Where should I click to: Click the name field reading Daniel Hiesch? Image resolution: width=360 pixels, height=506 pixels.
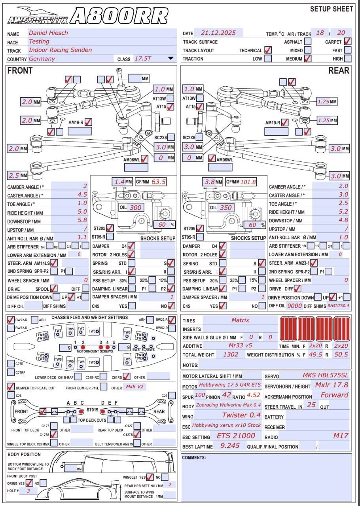point(48,33)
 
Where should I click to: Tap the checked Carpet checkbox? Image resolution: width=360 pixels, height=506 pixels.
point(347,41)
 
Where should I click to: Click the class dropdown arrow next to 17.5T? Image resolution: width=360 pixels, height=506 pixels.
point(171,59)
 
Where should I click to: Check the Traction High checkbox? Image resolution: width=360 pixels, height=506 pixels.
point(347,59)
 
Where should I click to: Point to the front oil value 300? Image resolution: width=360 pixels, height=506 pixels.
point(136,208)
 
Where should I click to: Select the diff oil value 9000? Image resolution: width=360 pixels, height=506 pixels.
point(295,306)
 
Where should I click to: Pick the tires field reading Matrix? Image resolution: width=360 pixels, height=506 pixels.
point(240,320)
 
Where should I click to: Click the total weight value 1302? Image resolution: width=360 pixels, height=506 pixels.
point(231,354)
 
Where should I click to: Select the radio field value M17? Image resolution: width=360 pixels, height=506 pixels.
point(341,436)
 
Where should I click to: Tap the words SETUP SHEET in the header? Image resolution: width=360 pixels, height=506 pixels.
point(332,9)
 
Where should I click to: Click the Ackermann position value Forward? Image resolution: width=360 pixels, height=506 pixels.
point(334,395)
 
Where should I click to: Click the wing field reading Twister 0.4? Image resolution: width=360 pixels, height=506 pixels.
point(241,415)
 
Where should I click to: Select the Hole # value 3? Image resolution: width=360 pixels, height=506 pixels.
point(28,491)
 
